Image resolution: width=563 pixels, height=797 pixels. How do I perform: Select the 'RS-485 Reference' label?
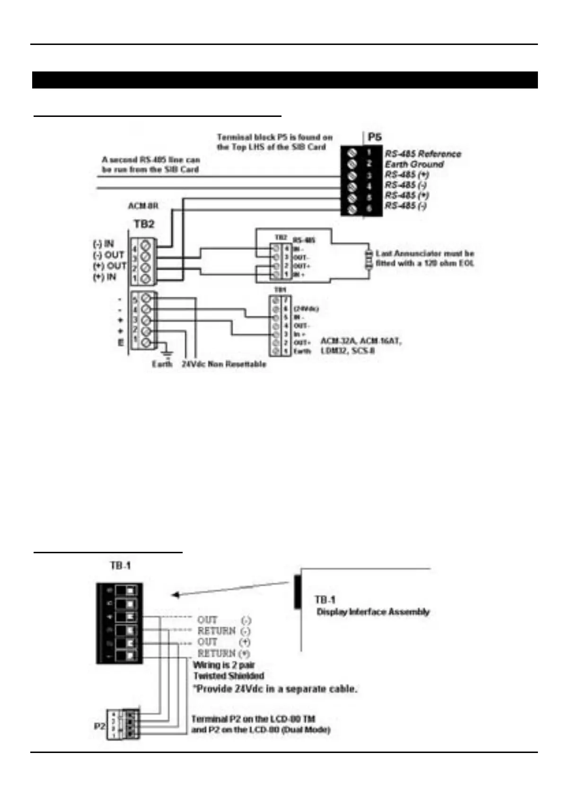click(x=422, y=153)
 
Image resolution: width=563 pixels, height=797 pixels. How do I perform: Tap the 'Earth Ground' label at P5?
click(x=414, y=164)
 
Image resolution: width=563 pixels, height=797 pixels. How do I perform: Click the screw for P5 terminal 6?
click(x=352, y=209)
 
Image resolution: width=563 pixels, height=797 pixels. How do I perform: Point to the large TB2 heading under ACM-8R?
click(x=143, y=223)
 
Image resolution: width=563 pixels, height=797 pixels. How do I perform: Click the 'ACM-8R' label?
click(x=143, y=206)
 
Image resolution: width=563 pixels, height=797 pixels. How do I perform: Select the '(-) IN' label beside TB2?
click(x=103, y=244)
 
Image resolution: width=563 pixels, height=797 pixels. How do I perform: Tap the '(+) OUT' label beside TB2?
click(x=109, y=266)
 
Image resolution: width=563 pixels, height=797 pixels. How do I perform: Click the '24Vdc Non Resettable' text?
click(x=224, y=364)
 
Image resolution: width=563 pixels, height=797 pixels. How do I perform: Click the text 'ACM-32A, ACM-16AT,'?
click(x=361, y=341)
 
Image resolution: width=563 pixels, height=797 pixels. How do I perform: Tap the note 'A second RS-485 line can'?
click(x=151, y=160)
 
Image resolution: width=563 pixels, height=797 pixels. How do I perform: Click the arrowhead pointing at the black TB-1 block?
click(x=175, y=595)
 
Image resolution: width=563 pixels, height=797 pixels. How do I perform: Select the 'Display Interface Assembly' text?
click(x=373, y=611)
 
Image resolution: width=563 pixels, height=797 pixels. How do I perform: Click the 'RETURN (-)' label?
click(x=224, y=631)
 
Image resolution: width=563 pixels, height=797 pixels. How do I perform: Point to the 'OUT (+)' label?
click(x=224, y=642)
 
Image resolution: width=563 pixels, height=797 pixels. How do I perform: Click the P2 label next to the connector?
click(x=99, y=725)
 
